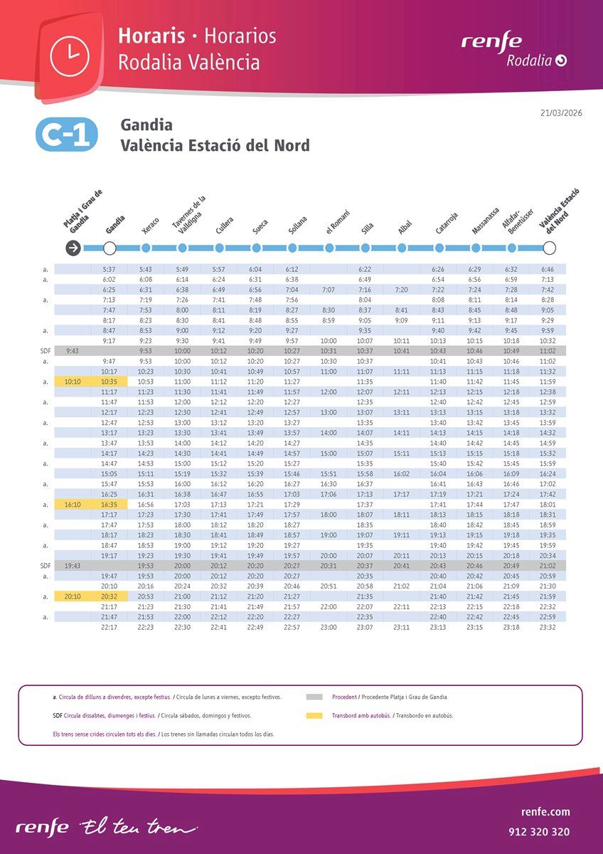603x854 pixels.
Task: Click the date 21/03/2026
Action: tap(562, 112)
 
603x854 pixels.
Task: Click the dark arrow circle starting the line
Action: tap(73, 248)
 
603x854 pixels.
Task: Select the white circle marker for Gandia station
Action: tap(110, 248)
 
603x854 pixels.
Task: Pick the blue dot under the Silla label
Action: tap(365, 248)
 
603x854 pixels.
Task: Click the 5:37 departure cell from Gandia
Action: tap(110, 269)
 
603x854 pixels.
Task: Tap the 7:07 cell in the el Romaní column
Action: tap(329, 290)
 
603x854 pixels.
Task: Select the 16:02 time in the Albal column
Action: tap(402, 474)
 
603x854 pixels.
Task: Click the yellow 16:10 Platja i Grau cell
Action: tap(73, 505)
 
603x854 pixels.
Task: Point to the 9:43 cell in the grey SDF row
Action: tap(73, 351)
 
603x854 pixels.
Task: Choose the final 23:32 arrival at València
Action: tap(548, 628)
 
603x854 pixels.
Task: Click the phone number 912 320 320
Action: tap(539, 831)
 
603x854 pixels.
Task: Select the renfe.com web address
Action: tap(545, 812)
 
